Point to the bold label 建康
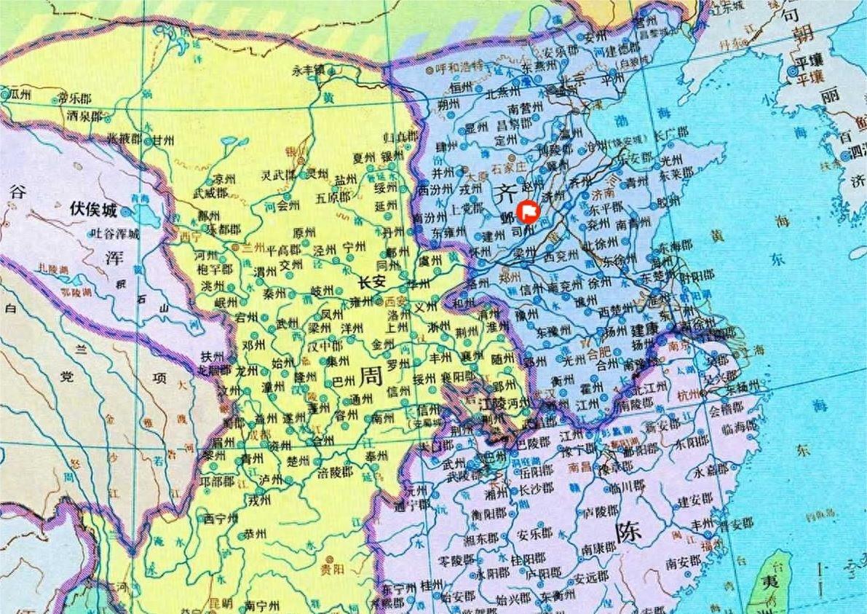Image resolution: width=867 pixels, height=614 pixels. click(645, 329)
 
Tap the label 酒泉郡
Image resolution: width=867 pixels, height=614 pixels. click(84, 115)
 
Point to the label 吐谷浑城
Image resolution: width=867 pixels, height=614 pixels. click(114, 233)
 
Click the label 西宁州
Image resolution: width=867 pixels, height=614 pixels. click(221, 518)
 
